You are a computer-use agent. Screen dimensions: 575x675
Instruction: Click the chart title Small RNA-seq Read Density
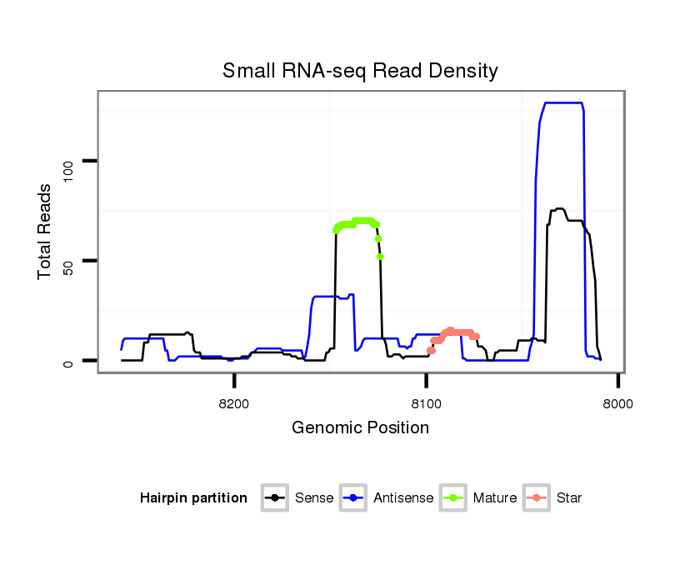360,71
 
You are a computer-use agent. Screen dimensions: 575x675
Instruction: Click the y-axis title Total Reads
47,232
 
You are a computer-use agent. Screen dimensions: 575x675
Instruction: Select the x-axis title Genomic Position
360,428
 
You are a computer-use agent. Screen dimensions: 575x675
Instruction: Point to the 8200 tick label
234,404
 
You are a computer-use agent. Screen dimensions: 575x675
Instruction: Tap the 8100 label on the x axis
426,404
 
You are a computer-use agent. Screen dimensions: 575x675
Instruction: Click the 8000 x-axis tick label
617,404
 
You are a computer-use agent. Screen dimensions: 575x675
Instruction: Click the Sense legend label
314,498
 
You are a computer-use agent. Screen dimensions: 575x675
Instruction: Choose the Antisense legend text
403,498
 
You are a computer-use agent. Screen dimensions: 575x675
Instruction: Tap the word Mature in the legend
495,498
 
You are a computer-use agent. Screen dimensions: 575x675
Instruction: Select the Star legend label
570,498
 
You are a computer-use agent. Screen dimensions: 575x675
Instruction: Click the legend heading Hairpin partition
193,498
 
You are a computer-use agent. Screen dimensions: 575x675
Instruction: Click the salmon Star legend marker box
537,498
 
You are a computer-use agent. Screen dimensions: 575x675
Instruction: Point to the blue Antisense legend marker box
353,498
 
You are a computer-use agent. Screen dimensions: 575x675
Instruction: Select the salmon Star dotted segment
454,332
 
